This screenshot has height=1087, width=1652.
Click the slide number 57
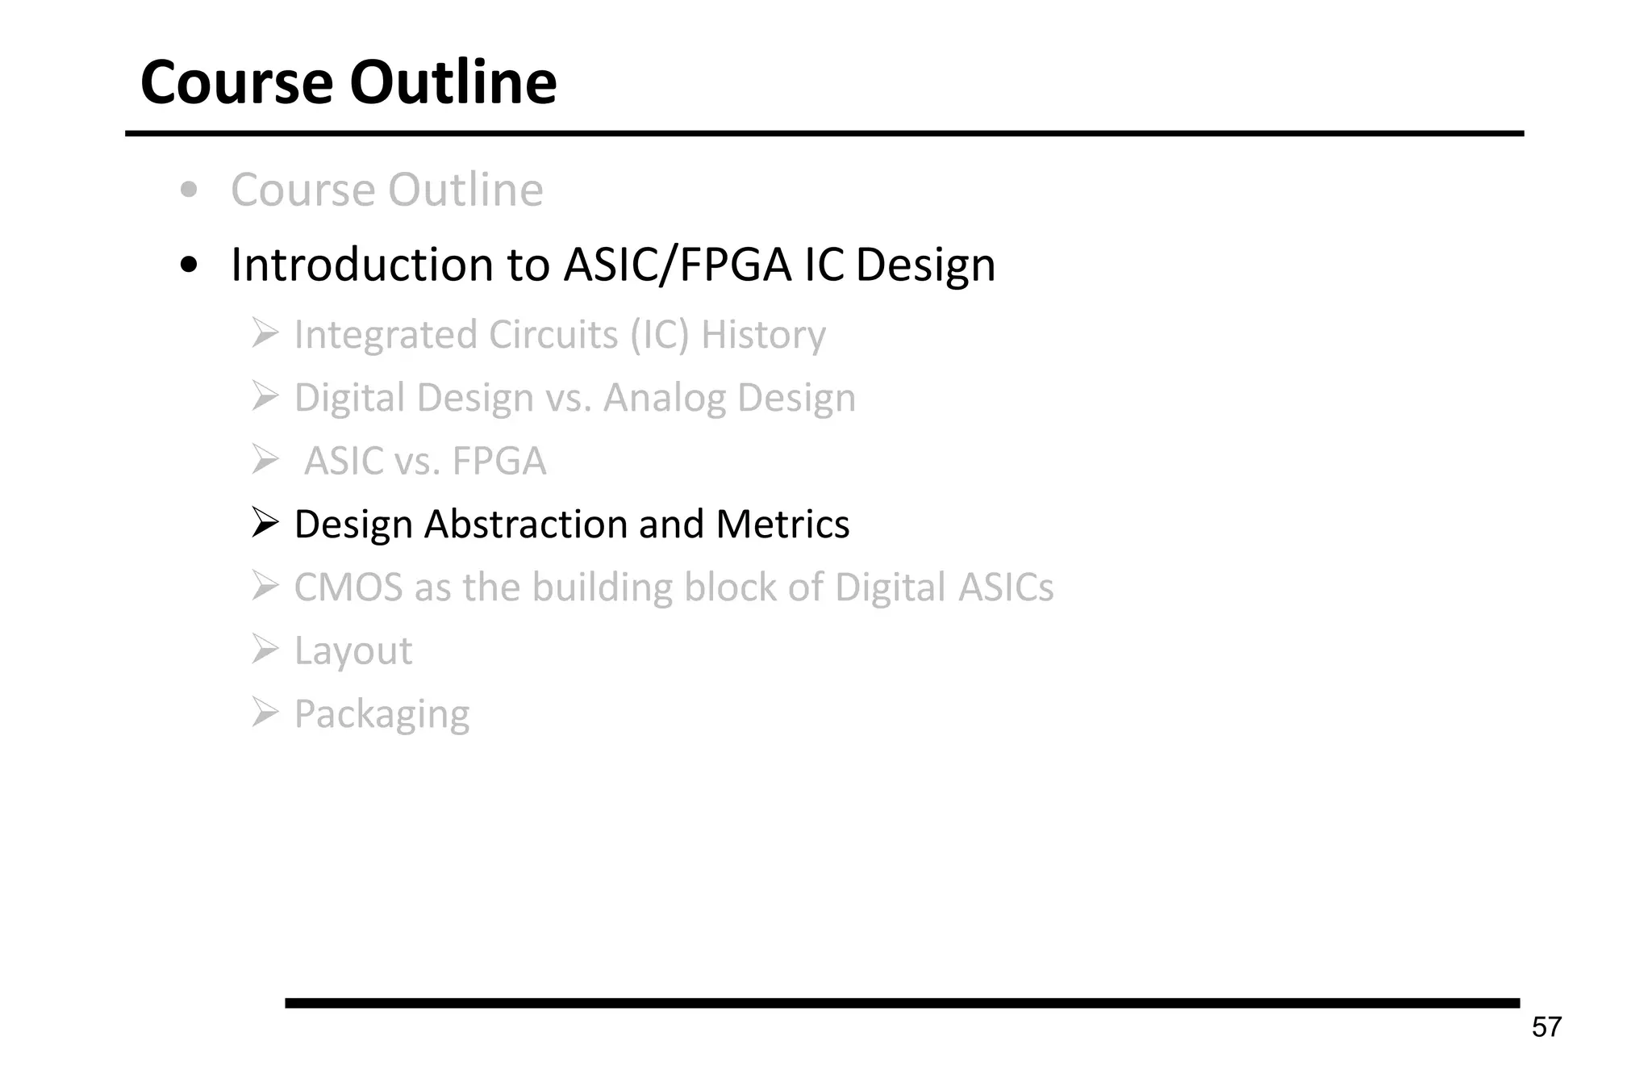(x=1546, y=1027)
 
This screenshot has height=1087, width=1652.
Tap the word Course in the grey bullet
(x=303, y=190)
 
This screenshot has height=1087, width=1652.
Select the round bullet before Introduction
(x=189, y=265)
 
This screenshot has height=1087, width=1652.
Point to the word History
(x=763, y=335)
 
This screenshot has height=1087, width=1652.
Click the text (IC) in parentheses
(x=660, y=335)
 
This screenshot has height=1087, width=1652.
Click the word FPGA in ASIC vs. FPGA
(x=499, y=462)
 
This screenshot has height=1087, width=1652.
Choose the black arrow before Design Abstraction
(x=265, y=523)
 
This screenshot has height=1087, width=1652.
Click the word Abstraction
(x=526, y=525)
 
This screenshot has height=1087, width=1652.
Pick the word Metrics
(x=782, y=525)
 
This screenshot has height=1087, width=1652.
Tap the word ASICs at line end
(x=1005, y=587)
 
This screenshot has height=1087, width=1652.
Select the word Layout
(x=353, y=651)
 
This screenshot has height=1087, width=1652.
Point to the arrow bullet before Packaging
(x=265, y=713)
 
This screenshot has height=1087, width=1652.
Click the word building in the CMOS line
(x=602, y=587)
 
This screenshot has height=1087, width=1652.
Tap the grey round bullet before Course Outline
(x=189, y=191)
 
